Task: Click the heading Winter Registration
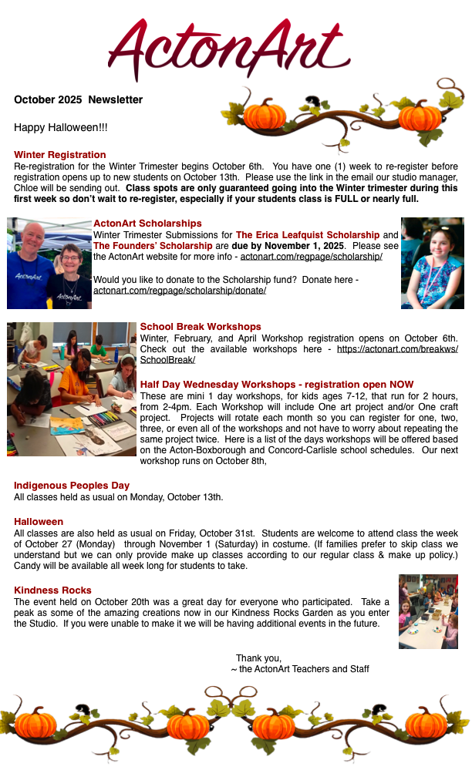60,155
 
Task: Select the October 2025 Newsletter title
78,99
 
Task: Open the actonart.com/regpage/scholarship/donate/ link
180,290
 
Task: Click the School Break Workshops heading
201,327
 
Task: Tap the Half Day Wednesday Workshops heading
277,384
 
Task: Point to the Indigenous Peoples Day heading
72,486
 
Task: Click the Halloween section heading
39,522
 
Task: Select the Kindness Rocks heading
52,590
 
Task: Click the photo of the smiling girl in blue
432,263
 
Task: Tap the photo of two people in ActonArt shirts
49,264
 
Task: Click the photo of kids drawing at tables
72,388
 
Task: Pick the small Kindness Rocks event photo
428,611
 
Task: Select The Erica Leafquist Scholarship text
308,235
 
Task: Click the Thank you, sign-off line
258,658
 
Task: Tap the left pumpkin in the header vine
265,115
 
